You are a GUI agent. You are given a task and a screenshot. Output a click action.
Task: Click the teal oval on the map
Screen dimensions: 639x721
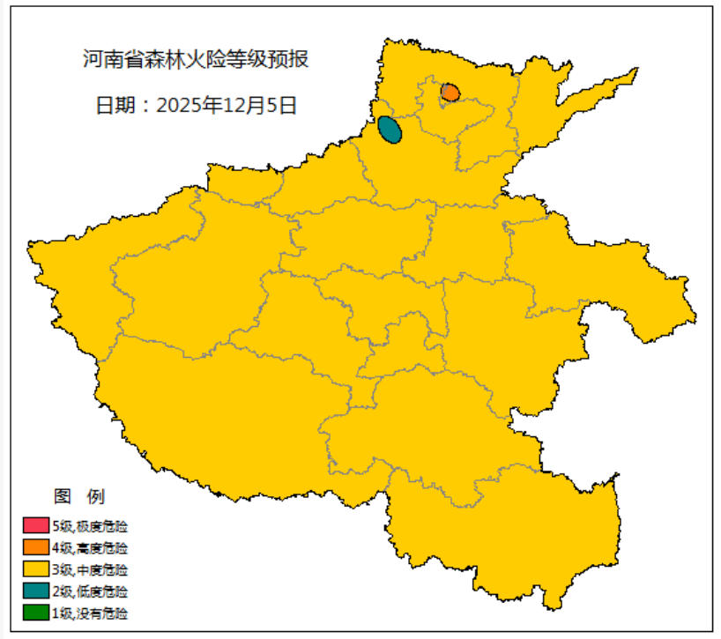click(390, 130)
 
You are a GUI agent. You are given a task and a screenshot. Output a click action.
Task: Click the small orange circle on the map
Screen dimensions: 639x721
click(450, 92)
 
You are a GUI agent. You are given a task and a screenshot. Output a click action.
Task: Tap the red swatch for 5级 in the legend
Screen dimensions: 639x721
click(36, 526)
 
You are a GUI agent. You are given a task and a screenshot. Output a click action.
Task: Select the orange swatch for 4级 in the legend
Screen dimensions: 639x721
click(36, 547)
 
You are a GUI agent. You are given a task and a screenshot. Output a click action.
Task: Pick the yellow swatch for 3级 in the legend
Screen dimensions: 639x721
click(36, 569)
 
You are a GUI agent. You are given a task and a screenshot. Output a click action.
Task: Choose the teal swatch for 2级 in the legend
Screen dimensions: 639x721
click(36, 591)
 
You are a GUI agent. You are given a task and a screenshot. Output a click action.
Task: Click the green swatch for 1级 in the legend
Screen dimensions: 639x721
click(36, 612)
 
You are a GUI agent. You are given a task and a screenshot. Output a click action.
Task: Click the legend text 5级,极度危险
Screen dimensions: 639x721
click(90, 526)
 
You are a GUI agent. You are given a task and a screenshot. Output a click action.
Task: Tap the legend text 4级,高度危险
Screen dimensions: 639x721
click(90, 547)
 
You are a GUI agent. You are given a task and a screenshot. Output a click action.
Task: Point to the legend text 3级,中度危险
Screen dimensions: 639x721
click(90, 569)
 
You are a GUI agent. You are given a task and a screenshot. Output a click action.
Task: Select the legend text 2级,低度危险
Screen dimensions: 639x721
click(90, 591)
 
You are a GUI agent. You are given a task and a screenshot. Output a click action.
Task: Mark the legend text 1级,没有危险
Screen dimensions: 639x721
click(90, 612)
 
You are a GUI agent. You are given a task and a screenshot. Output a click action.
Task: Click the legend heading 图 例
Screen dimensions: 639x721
click(79, 495)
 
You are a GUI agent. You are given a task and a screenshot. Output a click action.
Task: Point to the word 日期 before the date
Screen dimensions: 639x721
click(115, 106)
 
